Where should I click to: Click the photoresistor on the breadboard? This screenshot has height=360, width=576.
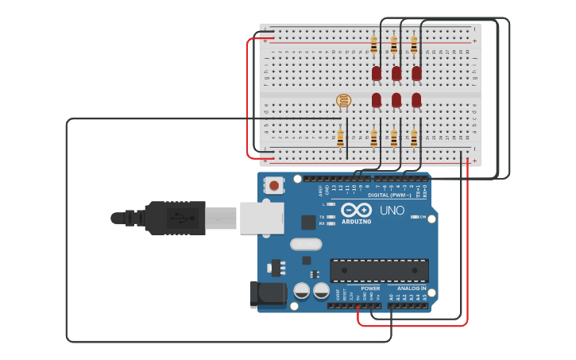343,100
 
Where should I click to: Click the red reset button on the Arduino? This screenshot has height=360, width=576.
274,185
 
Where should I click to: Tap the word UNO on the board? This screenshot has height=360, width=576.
392,211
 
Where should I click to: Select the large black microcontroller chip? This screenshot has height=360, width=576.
379,270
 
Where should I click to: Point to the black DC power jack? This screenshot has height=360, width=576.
267,293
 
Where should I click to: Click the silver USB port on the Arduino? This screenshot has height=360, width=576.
261,218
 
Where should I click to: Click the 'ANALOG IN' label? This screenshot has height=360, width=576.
412,288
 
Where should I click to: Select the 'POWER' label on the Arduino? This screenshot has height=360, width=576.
370,288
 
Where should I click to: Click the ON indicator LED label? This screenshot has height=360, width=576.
423,217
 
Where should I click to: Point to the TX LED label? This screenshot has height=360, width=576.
322,216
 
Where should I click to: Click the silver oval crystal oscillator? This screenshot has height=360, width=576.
306,244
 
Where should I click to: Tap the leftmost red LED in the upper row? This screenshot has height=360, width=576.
377,73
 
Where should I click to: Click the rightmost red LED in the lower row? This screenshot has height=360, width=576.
416,100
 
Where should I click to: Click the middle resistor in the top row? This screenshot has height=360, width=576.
393,45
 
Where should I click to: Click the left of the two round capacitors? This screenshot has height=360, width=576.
302,291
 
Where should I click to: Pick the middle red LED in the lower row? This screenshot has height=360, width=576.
396,100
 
